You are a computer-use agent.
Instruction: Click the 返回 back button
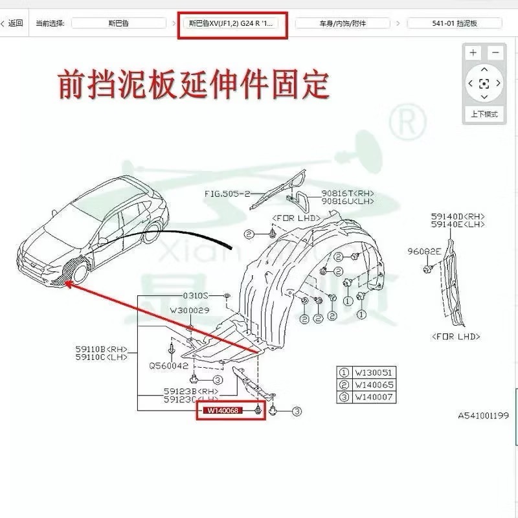[x=12, y=23]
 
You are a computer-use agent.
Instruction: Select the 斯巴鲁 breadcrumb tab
[x=117, y=23]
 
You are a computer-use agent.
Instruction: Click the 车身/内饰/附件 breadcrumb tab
[x=343, y=23]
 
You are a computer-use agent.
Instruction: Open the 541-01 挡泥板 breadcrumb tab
[x=455, y=23]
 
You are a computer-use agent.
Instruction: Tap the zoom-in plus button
[x=473, y=52]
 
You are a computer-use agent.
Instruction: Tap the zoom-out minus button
[x=496, y=52]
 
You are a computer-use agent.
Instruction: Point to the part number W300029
[x=190, y=311]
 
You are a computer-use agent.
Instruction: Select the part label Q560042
[x=168, y=365]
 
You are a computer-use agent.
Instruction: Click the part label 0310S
[x=194, y=295]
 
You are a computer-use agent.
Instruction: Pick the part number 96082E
[x=424, y=251]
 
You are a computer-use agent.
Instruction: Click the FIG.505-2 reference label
[x=227, y=194]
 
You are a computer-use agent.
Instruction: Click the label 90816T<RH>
[x=348, y=194]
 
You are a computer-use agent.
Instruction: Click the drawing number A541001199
[x=483, y=415]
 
